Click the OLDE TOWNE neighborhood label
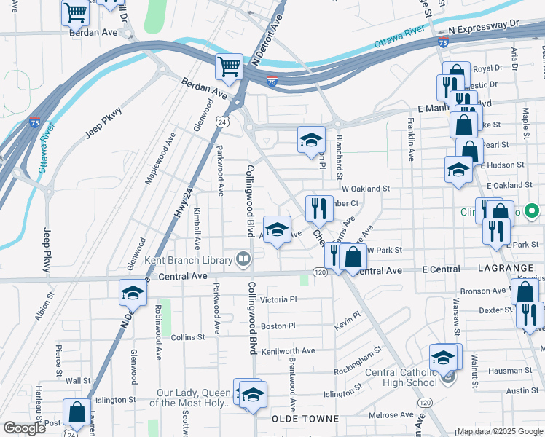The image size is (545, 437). point(305,419)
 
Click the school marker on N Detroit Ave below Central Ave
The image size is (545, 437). point(133,292)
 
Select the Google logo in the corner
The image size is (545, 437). point(24,428)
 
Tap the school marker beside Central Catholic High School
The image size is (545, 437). point(443,358)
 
